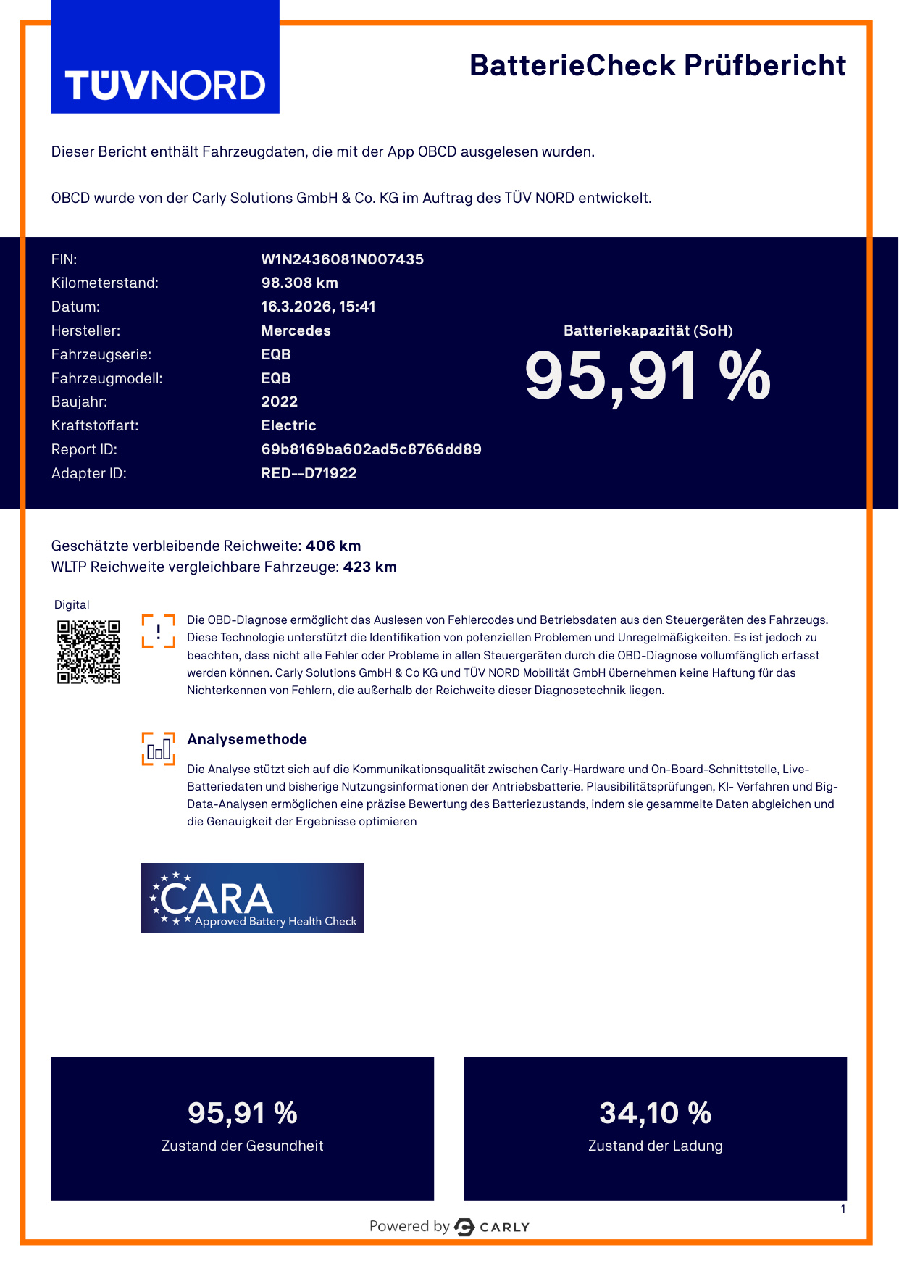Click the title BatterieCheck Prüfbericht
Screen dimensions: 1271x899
(x=657, y=65)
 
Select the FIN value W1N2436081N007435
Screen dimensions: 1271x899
(x=342, y=259)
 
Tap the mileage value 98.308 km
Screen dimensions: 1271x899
(x=299, y=283)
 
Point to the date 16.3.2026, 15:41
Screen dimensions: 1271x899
(x=318, y=307)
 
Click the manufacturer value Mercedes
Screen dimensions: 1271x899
(x=296, y=330)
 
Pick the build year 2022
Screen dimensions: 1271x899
(x=279, y=401)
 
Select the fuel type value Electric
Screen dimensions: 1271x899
(x=288, y=425)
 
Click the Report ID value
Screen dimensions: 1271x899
(x=371, y=449)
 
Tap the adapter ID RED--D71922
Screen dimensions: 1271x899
(x=309, y=473)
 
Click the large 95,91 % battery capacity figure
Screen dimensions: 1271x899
(x=648, y=376)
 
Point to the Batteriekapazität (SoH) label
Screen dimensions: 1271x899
(x=648, y=330)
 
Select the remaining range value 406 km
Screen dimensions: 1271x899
(x=333, y=546)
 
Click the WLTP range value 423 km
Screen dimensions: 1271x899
(x=369, y=567)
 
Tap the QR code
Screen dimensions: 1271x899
(x=88, y=651)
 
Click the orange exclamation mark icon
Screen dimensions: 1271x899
(x=158, y=630)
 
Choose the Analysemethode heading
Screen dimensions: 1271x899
(x=247, y=739)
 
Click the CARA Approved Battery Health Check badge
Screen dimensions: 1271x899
(x=252, y=898)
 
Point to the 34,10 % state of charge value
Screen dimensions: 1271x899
(x=655, y=1113)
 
